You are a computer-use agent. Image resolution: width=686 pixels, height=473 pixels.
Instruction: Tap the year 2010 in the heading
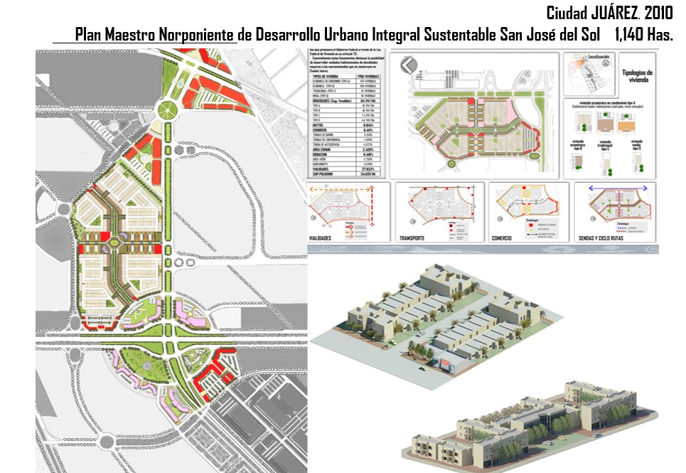pyautogui.click(x=658, y=13)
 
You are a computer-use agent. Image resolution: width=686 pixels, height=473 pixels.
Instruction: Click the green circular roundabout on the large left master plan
pyautogui.click(x=168, y=110)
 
